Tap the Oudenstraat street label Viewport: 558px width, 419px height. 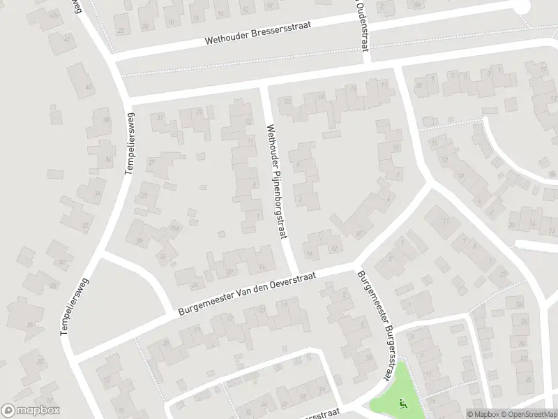[x=361, y=25]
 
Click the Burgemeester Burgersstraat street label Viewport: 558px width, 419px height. [x=372, y=325]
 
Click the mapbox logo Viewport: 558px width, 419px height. [x=31, y=410]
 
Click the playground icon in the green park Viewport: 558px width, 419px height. [x=401, y=403]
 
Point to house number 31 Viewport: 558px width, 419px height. [x=160, y=117]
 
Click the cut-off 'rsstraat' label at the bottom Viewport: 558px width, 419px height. [x=322, y=413]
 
